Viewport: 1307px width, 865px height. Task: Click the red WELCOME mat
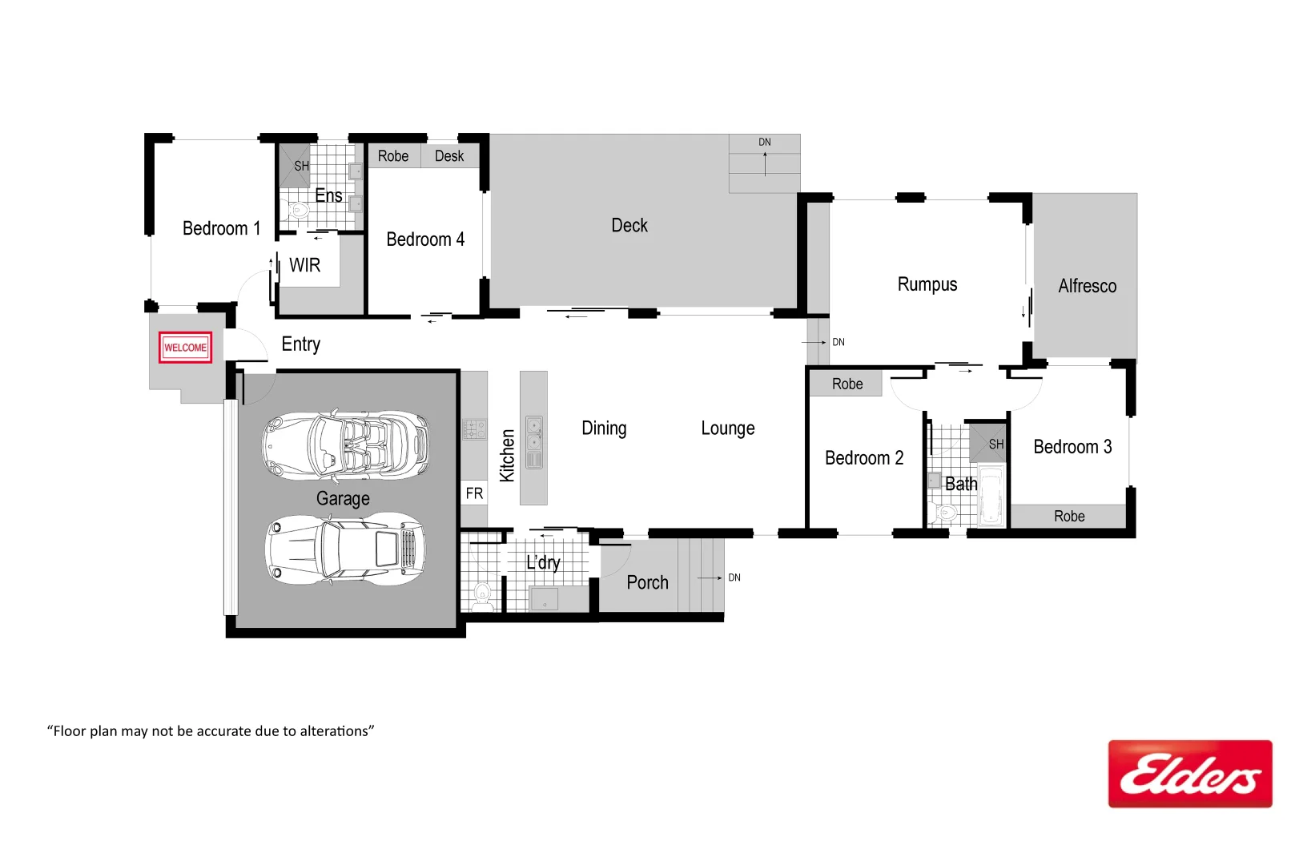(185, 348)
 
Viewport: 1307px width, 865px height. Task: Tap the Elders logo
(1189, 774)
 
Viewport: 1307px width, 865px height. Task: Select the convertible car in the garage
(346, 446)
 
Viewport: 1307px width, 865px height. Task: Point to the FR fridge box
(474, 493)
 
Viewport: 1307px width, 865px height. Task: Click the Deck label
(629, 226)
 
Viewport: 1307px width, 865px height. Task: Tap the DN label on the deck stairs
(765, 143)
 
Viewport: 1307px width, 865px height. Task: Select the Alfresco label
(1087, 286)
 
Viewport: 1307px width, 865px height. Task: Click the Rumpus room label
(927, 284)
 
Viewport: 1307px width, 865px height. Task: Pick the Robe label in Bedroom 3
(1069, 517)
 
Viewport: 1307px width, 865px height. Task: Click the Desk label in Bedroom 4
(449, 156)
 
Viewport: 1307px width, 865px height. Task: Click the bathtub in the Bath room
(991, 495)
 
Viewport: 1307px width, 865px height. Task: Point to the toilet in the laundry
(482, 593)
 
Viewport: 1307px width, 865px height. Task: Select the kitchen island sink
(533, 441)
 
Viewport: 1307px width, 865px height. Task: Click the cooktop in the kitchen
(474, 429)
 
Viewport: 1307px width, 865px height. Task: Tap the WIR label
(304, 265)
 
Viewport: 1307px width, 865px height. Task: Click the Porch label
(647, 582)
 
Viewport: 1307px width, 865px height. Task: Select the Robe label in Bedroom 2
(847, 384)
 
